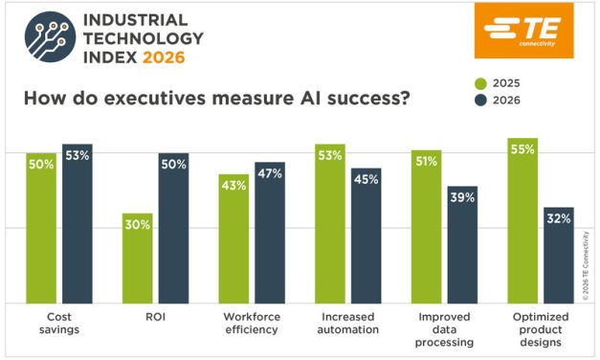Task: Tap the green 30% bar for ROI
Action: (137, 258)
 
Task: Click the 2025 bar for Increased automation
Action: (330, 224)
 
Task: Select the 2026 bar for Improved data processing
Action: (462, 244)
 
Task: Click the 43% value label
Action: (233, 185)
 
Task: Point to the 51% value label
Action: (426, 161)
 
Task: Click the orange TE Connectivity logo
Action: (523, 31)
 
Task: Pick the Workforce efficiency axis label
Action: (251, 323)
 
